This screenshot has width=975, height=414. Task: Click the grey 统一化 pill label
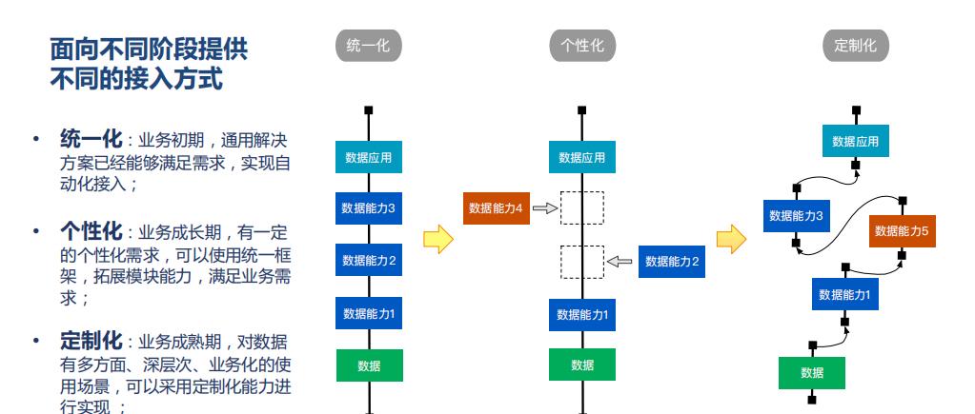(369, 45)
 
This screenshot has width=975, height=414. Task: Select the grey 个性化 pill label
(582, 45)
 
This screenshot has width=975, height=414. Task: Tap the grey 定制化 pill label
(855, 45)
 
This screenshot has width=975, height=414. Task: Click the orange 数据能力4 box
(496, 207)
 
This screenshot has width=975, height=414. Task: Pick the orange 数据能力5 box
(902, 230)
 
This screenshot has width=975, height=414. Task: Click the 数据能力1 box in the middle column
(582, 313)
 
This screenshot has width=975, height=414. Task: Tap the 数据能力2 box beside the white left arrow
(672, 261)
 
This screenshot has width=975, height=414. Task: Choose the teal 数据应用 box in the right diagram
(855, 142)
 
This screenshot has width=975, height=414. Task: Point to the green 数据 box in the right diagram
(812, 372)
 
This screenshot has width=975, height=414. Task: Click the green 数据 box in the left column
(369, 365)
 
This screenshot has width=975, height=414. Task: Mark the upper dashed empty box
(582, 207)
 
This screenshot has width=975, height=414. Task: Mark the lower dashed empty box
(582, 261)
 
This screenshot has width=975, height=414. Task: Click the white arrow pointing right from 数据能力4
(544, 207)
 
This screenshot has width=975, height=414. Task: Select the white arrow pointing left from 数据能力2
(620, 261)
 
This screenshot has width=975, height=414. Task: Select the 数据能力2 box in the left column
(369, 260)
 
